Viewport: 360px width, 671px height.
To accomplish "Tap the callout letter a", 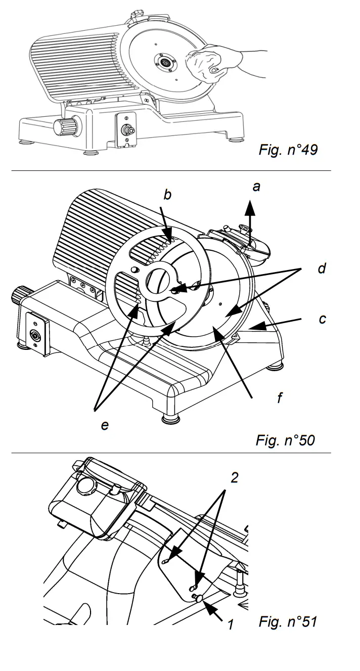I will pos(256,187).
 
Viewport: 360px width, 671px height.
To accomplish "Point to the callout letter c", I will pos(322,319).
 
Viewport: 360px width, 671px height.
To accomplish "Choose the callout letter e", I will pos(105,425).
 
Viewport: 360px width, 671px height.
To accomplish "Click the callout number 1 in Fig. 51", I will pos(230,624).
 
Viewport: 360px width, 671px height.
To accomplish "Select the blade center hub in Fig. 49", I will pos(165,62).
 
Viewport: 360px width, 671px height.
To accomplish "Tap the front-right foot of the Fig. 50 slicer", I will pos(168,418).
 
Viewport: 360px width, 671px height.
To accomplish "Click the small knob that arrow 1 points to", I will pos(198,598).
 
